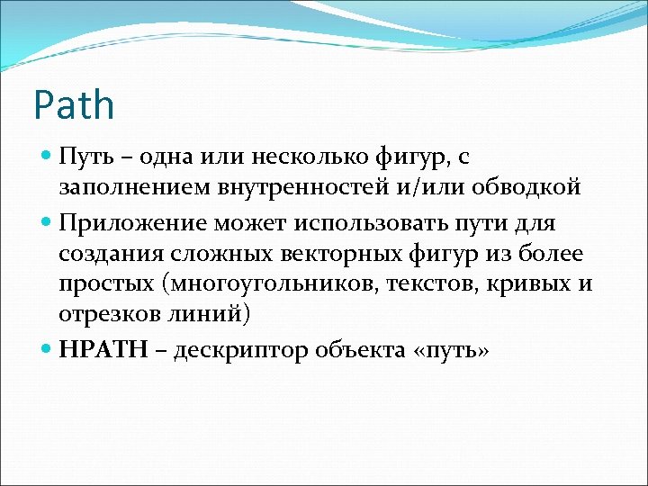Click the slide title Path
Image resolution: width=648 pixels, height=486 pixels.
pos(74,106)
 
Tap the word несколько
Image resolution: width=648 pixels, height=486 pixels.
pos(311,158)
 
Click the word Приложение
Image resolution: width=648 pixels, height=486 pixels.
pos(126,222)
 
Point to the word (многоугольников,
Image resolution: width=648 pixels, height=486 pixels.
pos(257,286)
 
